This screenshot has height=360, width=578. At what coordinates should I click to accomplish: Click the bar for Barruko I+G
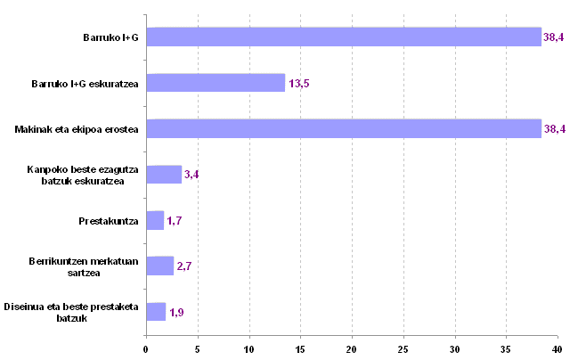pos(344,37)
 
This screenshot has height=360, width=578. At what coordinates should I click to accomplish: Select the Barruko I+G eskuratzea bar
pos(216,83)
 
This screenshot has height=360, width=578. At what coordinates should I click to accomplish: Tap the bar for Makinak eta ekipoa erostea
pos(344,129)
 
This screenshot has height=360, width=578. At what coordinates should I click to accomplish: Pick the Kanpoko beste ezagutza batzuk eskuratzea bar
pos(164,175)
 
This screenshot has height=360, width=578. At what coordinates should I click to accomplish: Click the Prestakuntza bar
pos(155,220)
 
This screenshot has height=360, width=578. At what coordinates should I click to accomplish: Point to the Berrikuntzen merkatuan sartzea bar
pos(159,266)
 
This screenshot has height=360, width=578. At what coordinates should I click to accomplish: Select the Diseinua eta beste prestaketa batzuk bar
pos(156,311)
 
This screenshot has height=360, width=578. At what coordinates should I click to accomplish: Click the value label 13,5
pos(298,84)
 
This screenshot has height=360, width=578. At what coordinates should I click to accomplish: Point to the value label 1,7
pos(175,221)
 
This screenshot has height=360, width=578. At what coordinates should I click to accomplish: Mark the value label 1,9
pos(177,312)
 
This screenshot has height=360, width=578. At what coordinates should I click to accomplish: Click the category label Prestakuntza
pos(109,220)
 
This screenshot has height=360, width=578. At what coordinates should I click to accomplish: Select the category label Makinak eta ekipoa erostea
pos(77,129)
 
